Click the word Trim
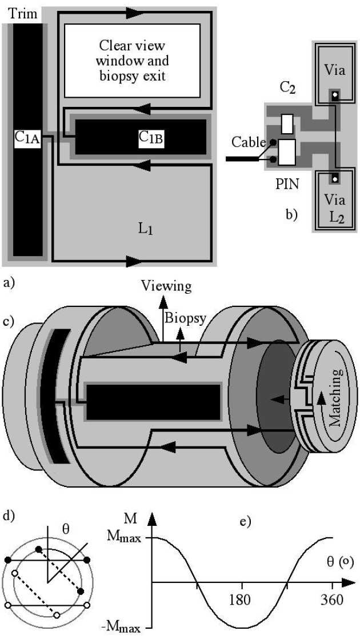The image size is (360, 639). coord(22,13)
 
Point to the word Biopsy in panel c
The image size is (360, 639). coord(184,317)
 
